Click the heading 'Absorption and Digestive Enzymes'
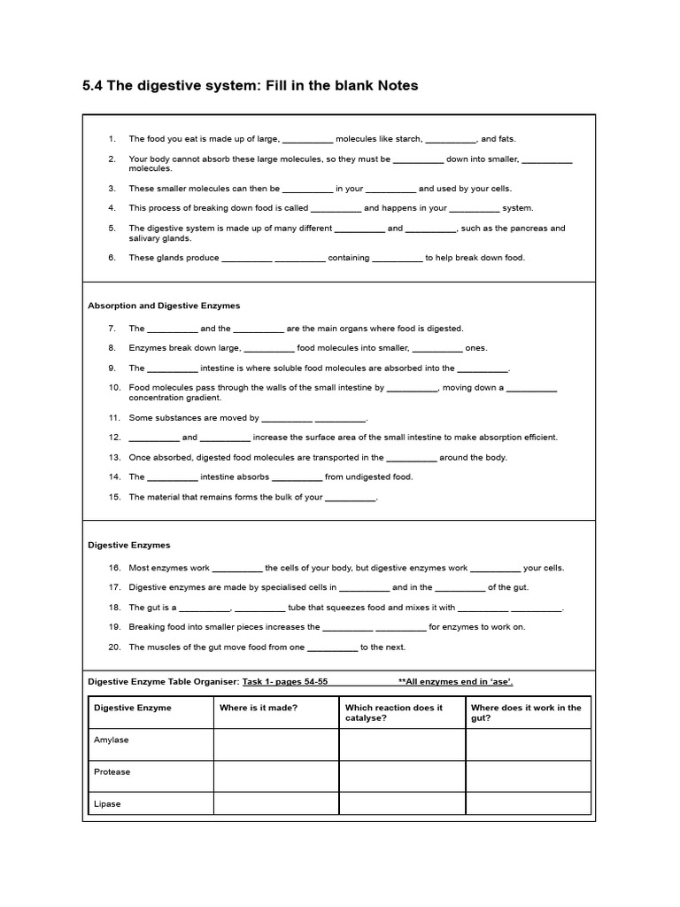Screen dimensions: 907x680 point(164,306)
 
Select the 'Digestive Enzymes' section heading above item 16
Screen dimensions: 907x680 point(129,546)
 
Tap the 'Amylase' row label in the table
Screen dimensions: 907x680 point(112,740)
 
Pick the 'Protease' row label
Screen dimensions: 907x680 point(112,771)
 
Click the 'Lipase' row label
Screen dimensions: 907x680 point(108,804)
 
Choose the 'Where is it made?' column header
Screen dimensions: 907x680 point(259,708)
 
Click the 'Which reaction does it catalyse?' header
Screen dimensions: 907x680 point(394,713)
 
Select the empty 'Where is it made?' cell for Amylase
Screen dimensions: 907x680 point(276,744)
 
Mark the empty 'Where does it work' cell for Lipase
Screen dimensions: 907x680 point(528,803)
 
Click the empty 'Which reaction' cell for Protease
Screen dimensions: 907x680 point(402,776)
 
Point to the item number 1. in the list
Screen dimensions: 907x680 point(112,139)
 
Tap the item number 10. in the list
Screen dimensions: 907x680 point(114,388)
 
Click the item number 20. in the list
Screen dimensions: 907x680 point(114,647)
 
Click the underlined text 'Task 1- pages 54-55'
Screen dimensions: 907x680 point(285,682)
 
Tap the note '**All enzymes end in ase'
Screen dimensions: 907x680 point(455,682)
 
